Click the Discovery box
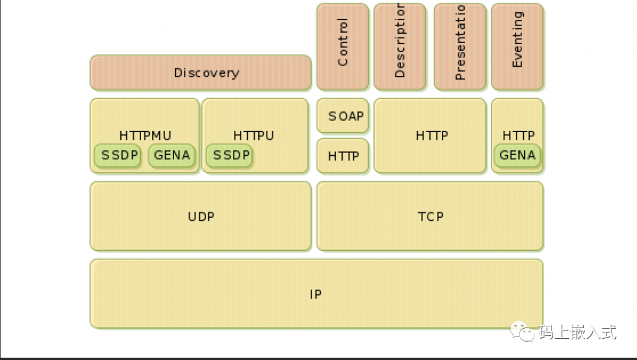coord(201,73)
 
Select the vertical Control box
coord(343,46)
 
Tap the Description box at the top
coord(399,46)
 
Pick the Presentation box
coord(460,46)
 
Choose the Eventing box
coord(517,46)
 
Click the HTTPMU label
coord(145,136)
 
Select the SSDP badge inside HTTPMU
coord(119,156)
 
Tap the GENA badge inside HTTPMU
coord(172,156)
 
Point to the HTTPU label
coord(254,136)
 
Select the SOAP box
coord(343,116)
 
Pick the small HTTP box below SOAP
coord(343,156)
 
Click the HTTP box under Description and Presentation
coord(431,136)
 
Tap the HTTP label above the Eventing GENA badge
coord(518,136)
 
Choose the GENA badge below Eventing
coord(517,156)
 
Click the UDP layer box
coord(201,217)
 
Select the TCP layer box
coord(430,217)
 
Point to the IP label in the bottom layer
coord(316,294)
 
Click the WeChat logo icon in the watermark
coord(522,332)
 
